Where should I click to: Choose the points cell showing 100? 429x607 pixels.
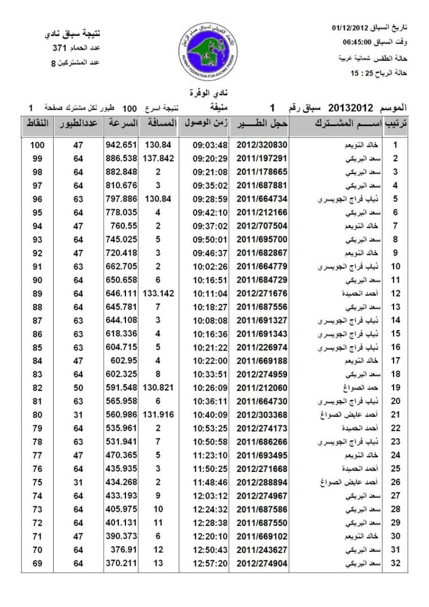click(37, 145)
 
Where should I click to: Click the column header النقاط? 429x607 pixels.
click(37, 123)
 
